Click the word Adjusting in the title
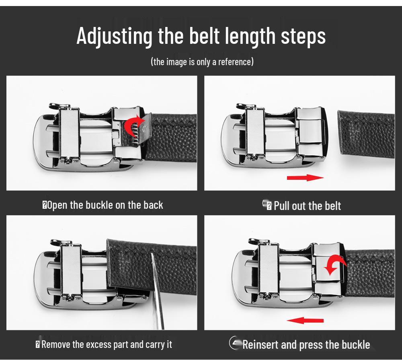click(115, 36)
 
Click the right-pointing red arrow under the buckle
click(305, 177)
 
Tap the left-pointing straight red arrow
click(305, 320)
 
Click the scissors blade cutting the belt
click(157, 291)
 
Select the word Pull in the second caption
click(281, 206)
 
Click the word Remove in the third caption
click(55, 344)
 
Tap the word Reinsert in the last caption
click(260, 345)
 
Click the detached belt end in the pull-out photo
click(366, 134)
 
